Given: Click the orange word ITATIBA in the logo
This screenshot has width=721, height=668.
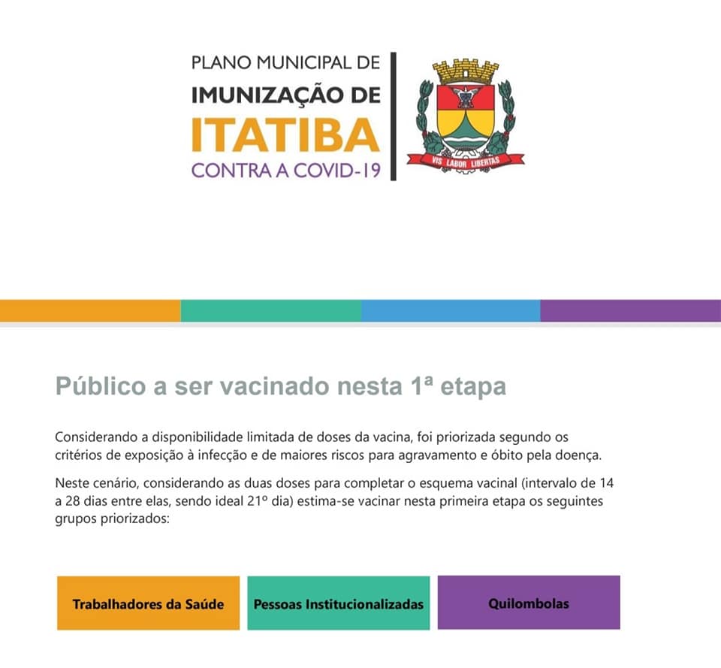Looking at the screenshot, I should (285, 135).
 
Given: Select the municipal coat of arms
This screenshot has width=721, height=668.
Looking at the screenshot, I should (466, 113).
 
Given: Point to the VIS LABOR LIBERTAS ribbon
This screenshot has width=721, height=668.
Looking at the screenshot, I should (466, 159).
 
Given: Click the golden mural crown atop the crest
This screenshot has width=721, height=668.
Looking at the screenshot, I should (466, 72).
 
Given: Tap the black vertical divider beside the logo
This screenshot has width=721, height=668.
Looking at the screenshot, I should (394, 116).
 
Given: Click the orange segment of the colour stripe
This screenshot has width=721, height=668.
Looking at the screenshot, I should (90, 310).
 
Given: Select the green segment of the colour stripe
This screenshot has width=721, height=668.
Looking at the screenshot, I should (270, 310).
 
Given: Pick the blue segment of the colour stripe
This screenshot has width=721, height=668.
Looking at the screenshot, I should (451, 310).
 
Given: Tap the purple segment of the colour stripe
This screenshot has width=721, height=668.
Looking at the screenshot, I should (631, 310).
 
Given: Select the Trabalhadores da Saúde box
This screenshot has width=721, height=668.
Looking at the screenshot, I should (148, 603).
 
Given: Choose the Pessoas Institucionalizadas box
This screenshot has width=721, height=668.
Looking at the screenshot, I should (339, 603).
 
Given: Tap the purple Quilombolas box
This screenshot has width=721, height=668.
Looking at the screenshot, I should (529, 603).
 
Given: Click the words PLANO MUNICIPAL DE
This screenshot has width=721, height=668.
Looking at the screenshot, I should (285, 62).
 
